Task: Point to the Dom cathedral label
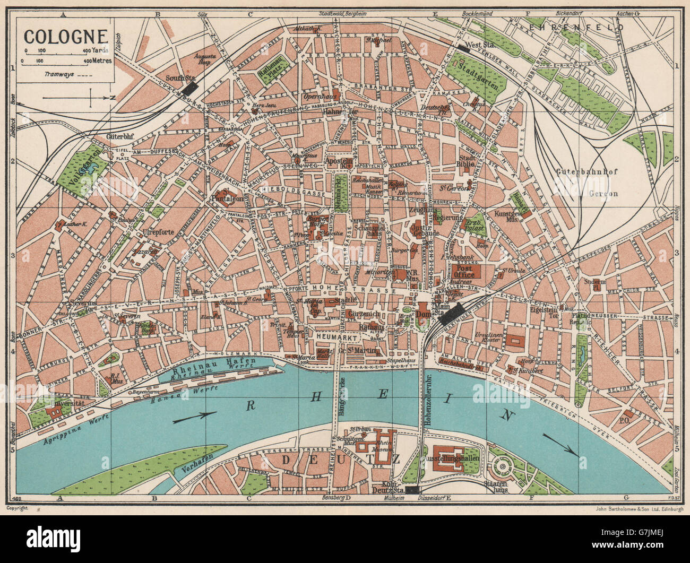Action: coord(423,314)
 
